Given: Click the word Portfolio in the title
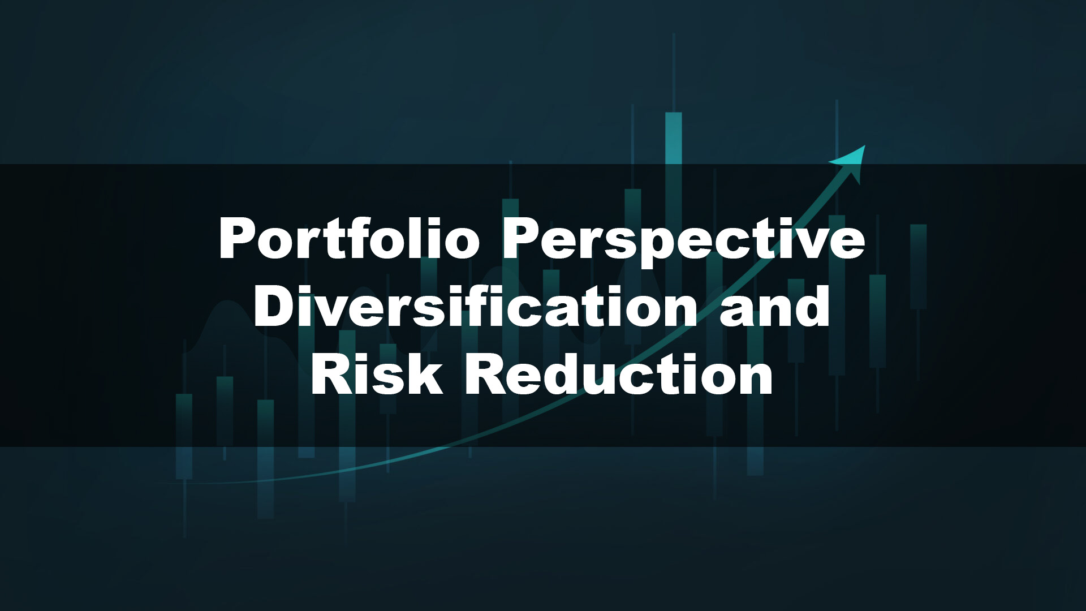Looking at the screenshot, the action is tap(349, 238).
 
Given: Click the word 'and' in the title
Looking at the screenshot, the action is tap(774, 305).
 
